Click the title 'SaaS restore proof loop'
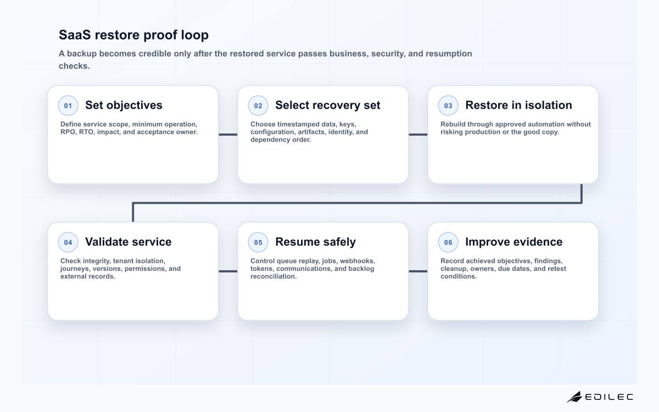pos(133,35)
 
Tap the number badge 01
pos(68,105)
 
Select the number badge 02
pos(258,105)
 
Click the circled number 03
pos(448,105)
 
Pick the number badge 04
pos(68,242)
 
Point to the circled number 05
pos(258,242)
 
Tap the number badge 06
pos(448,242)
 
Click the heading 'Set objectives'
pos(124,105)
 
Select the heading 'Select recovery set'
pos(328,105)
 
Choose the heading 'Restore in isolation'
pos(518,105)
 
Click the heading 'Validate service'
pos(129,242)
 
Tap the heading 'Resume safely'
pos(315,242)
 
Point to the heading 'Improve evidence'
pos(513,242)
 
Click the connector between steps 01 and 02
pos(228,135)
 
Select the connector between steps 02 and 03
pos(418,135)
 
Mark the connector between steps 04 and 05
pos(228,271)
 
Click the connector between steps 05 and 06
pos(418,271)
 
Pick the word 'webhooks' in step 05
pos(357,261)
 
